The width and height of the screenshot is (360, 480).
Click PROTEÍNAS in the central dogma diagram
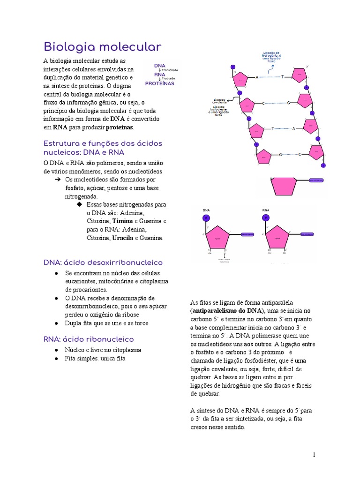tap(159, 83)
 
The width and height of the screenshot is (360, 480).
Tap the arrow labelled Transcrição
tap(160, 70)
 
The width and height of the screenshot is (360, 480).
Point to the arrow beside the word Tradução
tap(160, 78)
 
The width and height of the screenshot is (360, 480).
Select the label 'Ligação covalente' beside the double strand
tap(219, 101)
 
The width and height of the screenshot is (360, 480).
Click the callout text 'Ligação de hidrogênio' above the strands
tap(271, 56)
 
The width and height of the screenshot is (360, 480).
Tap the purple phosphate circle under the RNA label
tap(266, 217)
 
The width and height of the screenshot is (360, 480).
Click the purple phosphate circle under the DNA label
tap(206, 217)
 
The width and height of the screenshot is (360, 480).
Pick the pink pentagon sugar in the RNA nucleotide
tap(277, 237)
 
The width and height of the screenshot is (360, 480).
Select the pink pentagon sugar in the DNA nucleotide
tap(217, 237)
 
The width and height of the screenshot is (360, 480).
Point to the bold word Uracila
tap(123, 238)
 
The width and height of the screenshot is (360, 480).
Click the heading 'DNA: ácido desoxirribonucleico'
tap(103, 262)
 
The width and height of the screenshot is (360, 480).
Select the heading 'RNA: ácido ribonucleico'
tap(89, 339)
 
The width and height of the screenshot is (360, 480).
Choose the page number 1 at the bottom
tap(314, 455)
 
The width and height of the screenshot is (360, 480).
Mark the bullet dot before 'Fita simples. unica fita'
tap(56, 359)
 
